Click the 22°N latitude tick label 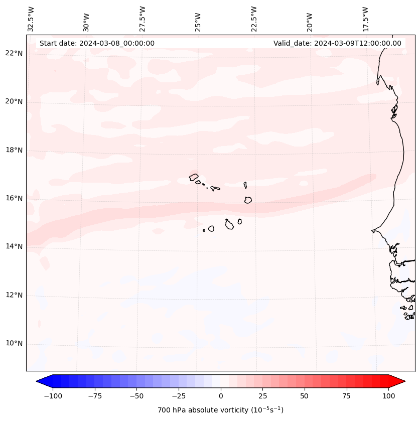[x=15, y=54]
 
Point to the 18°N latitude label [x=15, y=150]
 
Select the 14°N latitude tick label [x=15, y=246]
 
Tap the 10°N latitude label [x=15, y=344]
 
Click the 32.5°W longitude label [x=31, y=19]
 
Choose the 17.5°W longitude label [x=365, y=19]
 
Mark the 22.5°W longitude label [x=254, y=19]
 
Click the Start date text [x=97, y=43]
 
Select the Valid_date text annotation [x=337, y=43]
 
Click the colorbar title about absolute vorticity [x=220, y=410]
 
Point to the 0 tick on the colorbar [x=221, y=396]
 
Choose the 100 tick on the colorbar [x=388, y=396]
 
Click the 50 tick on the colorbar [x=304, y=396]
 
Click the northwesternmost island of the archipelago [x=194, y=177]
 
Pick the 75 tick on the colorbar [x=346, y=396]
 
